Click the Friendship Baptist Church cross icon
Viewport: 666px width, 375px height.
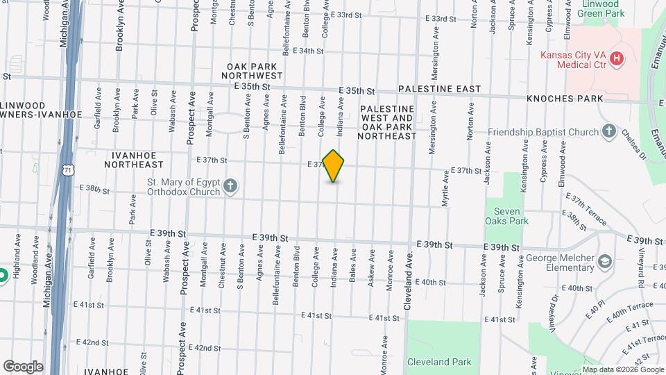tap(608, 131)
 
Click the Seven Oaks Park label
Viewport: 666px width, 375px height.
tap(511, 216)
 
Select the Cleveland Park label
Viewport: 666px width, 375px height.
tap(439, 362)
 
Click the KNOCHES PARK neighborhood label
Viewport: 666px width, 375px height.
tap(565, 99)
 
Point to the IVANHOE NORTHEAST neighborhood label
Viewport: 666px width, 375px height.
tap(135, 160)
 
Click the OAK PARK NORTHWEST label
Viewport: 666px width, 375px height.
tap(252, 70)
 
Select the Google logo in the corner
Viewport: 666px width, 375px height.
tap(22, 366)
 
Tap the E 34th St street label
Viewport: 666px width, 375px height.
tap(309, 51)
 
